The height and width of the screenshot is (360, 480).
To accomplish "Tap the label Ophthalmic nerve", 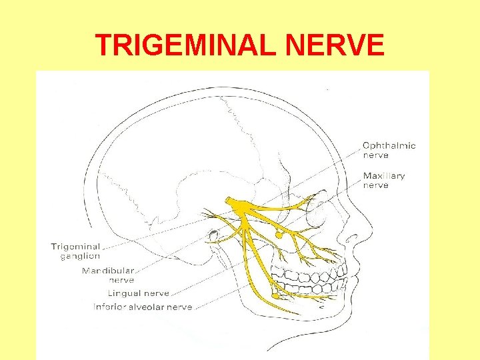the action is pyautogui.click(x=389, y=150).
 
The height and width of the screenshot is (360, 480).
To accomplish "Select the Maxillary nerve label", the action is pyautogui.click(x=383, y=180).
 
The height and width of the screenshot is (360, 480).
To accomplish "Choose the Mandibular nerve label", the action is pyautogui.click(x=108, y=275).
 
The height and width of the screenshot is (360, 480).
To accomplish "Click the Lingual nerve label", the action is pyautogui.click(x=139, y=293).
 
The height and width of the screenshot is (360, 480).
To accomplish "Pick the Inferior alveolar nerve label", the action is pyautogui.click(x=143, y=307).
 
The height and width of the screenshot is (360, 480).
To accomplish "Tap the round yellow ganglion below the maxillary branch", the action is pyautogui.click(x=278, y=235).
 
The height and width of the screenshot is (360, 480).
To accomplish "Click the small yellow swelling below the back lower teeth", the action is pyautogui.click(x=274, y=295).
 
